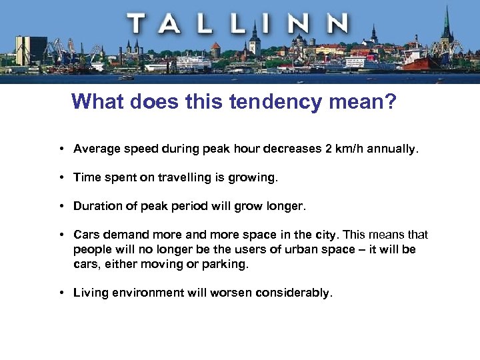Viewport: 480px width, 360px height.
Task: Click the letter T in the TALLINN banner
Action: click(139, 24)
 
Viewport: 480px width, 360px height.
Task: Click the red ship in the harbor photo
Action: click(420, 62)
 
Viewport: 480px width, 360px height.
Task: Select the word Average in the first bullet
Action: click(96, 149)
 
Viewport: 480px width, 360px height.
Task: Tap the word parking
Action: click(226, 264)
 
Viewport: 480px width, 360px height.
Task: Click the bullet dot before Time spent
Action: click(61, 177)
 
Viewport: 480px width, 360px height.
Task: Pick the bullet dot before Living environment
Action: click(61, 293)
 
